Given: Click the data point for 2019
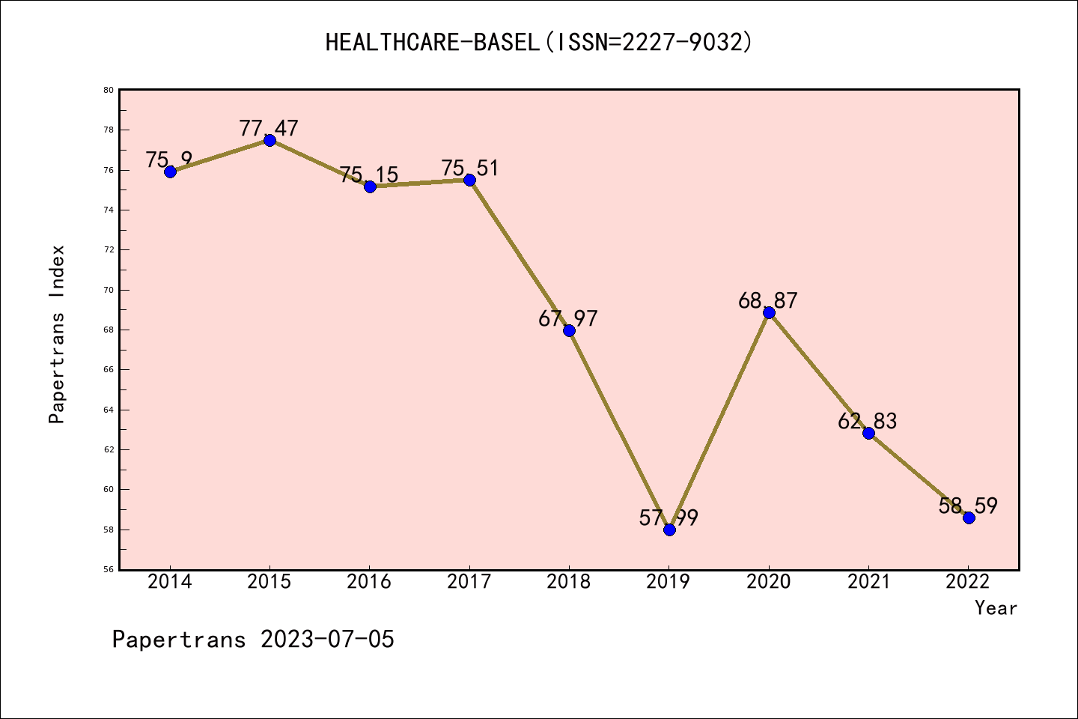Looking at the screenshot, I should click(669, 530).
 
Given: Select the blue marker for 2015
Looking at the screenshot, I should click(269, 140).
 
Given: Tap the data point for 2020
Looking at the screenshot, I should click(769, 312).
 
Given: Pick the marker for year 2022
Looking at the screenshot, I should click(969, 518).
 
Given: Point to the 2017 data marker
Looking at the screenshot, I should click(469, 180).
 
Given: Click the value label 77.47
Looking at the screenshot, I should click(269, 128).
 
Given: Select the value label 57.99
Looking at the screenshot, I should click(669, 518).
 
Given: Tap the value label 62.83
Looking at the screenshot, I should click(867, 421).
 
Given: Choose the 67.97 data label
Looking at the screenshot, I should click(568, 318).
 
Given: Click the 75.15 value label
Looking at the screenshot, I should click(369, 175).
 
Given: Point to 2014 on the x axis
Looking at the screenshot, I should click(170, 582).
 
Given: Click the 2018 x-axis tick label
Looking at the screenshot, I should click(569, 582).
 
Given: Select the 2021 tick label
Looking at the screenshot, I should click(868, 582).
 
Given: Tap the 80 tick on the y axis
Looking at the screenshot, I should click(109, 90).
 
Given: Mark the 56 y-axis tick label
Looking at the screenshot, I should click(109, 570).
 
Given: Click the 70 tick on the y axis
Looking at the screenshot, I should click(109, 290).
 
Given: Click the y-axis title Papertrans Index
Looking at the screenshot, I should click(57, 334).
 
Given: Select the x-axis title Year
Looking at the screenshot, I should click(996, 608).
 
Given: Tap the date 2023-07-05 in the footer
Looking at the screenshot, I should click(327, 640).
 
